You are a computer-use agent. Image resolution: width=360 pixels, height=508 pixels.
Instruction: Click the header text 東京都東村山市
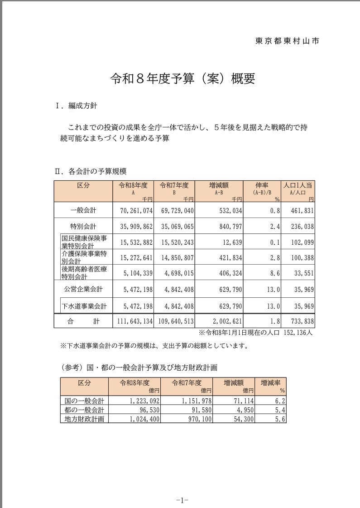287,41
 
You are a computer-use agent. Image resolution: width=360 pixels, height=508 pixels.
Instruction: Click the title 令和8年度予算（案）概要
182,78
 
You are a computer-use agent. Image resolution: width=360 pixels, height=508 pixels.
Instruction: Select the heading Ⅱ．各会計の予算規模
90,171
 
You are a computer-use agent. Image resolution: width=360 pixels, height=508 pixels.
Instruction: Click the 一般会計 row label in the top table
83,210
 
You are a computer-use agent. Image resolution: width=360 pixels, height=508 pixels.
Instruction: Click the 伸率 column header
262,185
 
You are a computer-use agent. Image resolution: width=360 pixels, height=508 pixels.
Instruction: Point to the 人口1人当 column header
298,185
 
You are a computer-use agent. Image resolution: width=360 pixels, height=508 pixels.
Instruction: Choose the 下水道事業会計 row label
85,306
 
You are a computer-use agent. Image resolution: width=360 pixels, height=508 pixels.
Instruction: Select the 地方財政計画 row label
84,419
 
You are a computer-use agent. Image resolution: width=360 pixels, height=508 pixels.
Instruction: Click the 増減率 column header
270,382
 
